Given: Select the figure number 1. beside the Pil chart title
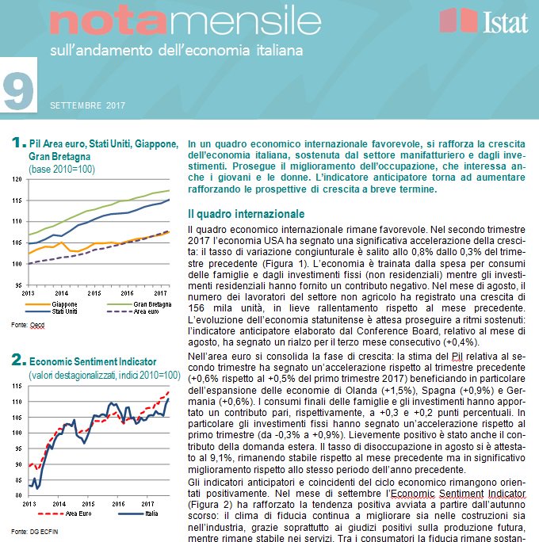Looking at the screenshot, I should point(19,143).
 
